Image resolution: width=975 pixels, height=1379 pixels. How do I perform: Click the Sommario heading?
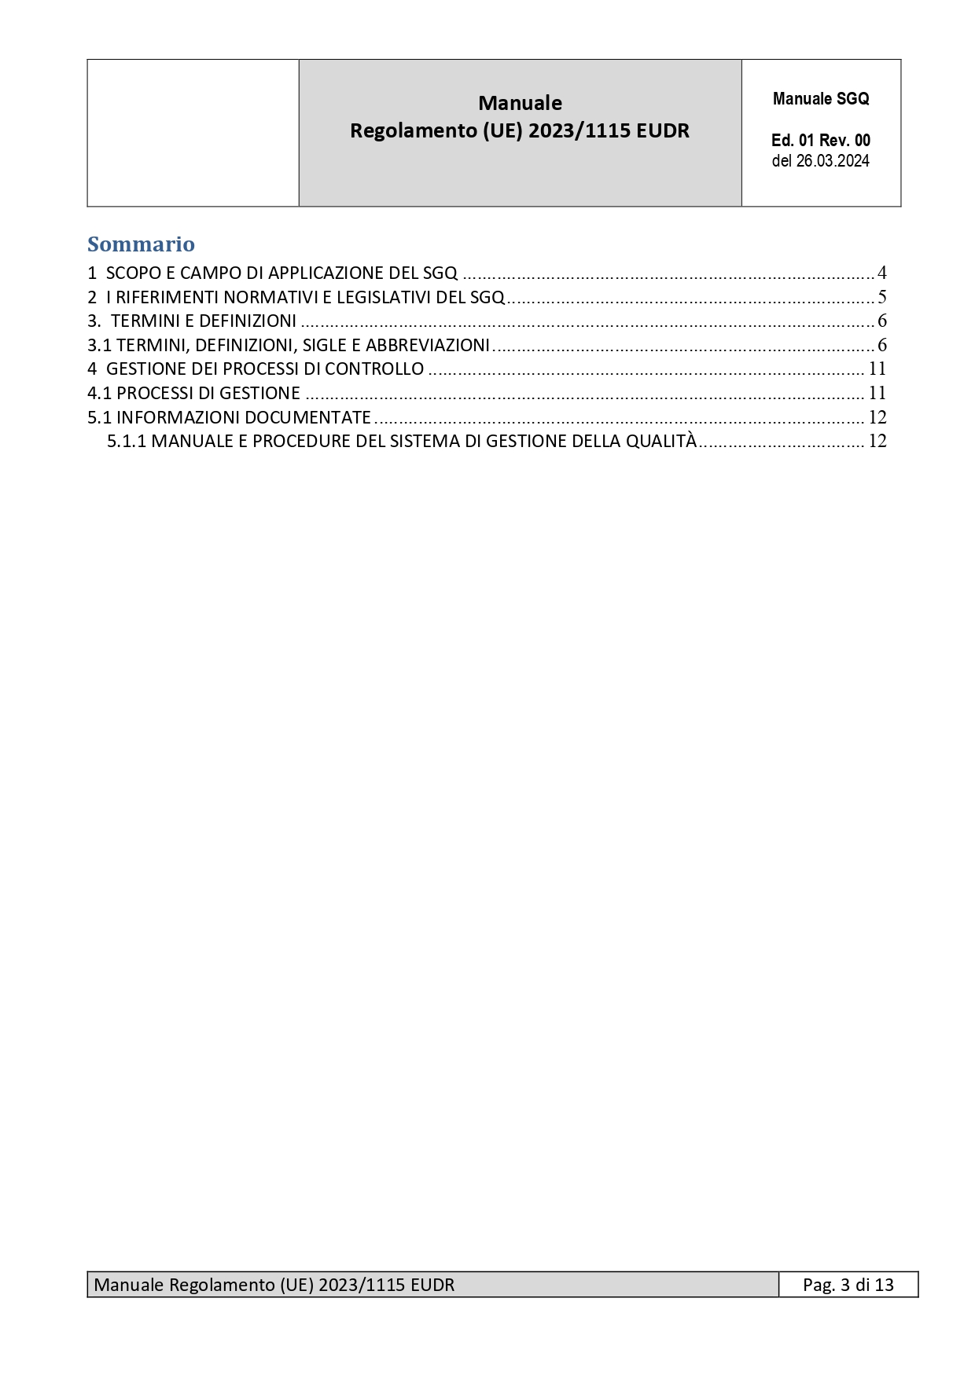141,244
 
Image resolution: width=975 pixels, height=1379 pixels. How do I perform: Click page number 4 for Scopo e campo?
881,273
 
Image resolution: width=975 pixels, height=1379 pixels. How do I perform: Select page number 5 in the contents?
881,297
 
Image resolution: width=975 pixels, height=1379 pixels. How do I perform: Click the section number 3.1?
99,345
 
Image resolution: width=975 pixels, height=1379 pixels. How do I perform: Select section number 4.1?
99,393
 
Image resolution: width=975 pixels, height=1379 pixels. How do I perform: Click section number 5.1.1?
127,441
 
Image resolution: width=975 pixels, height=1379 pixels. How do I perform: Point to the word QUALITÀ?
661,441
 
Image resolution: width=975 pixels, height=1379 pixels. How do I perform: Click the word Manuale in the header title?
520,103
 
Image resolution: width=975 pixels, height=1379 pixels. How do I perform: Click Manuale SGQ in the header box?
821,99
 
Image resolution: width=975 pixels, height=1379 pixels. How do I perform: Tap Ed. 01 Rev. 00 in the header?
821,141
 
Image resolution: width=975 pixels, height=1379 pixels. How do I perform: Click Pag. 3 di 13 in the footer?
848,1285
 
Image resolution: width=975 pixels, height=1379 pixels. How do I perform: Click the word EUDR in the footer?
432,1285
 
